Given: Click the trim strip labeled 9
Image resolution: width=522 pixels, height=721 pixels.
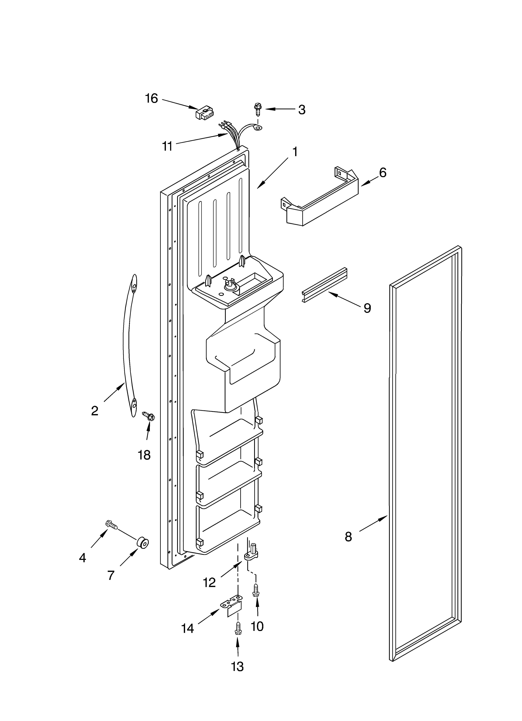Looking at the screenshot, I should (x=324, y=285).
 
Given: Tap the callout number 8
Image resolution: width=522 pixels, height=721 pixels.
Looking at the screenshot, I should (x=348, y=537).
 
